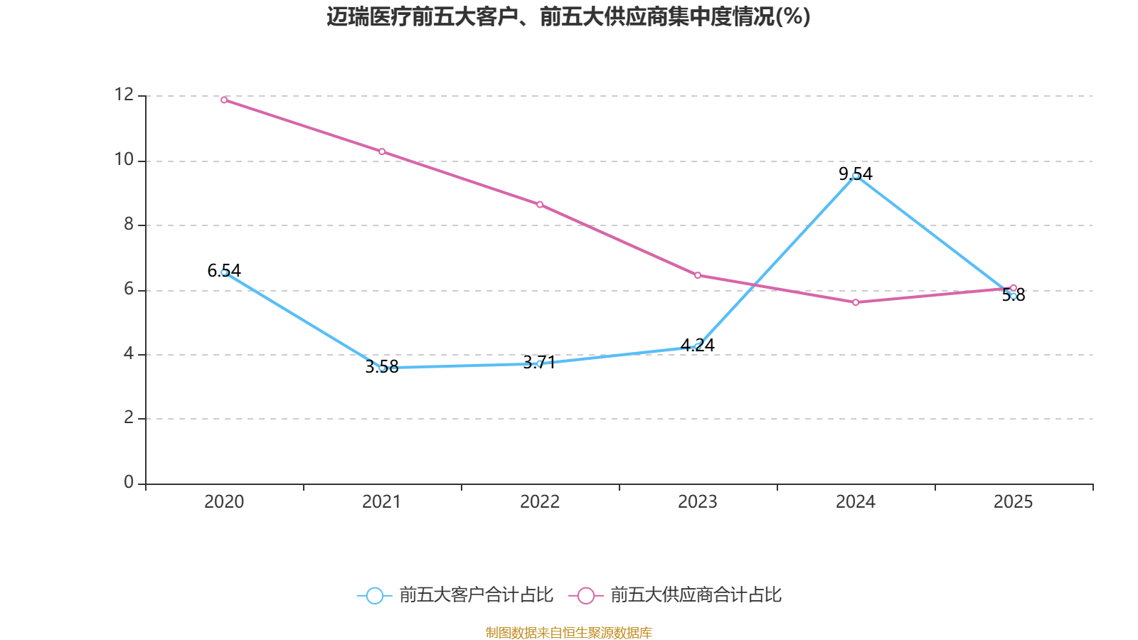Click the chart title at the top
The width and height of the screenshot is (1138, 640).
568,16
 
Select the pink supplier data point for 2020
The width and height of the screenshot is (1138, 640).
224,100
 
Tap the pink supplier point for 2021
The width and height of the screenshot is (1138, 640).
382,151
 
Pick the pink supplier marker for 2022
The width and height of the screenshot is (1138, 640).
540,205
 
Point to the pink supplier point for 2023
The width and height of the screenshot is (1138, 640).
698,275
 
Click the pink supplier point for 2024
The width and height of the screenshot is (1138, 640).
856,302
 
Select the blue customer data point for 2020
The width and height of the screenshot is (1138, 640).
224,272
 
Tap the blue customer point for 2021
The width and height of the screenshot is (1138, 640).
382,368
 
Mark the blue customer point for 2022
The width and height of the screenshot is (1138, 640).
540,363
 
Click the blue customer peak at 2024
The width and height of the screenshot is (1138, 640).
856,176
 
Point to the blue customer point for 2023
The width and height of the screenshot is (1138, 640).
698,347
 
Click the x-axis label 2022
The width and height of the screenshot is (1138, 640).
540,502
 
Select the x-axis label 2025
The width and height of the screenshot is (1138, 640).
1013,502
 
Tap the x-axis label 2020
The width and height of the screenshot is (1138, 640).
224,502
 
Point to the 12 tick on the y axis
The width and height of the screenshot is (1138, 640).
124,95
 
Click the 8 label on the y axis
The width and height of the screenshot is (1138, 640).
129,225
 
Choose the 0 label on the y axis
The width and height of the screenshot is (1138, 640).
129,483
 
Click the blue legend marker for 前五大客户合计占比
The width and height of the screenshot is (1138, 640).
374,595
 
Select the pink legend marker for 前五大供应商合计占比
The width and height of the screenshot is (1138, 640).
585,595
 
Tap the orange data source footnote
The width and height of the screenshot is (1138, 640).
568,632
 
